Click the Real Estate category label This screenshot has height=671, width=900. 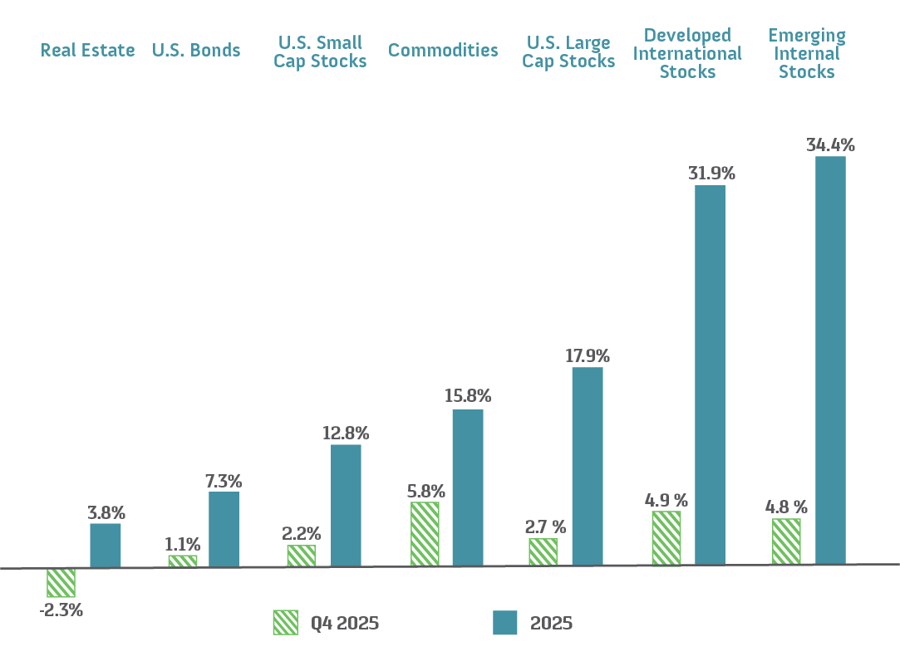pyautogui.click(x=87, y=51)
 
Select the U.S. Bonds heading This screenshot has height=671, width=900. pyautogui.click(x=196, y=51)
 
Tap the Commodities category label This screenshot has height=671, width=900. pyautogui.click(x=443, y=51)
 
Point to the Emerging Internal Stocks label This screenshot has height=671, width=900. pyautogui.click(x=806, y=54)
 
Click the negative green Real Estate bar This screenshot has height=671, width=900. pyautogui.click(x=61, y=583)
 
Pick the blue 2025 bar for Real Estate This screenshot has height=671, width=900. pyautogui.click(x=106, y=546)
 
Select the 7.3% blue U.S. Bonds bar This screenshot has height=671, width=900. pyautogui.click(x=224, y=529)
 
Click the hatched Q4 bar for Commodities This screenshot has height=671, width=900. pyautogui.click(x=425, y=534)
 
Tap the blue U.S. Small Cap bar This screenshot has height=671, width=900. pyautogui.click(x=346, y=505)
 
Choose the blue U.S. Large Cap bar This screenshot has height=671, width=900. pyautogui.click(x=588, y=466)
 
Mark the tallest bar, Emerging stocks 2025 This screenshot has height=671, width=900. pyautogui.click(x=830, y=360)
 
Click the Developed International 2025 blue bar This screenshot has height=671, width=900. pyautogui.click(x=710, y=375)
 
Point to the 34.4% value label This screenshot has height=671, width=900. pyautogui.click(x=830, y=145)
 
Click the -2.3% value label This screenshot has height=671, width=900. pyautogui.click(x=61, y=610)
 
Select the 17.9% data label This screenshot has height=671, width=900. pyautogui.click(x=588, y=356)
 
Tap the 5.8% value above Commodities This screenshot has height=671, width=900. pyautogui.click(x=425, y=491)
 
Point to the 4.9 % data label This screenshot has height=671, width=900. pyautogui.click(x=666, y=500)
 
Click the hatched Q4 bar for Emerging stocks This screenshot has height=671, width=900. pyautogui.click(x=786, y=541)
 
